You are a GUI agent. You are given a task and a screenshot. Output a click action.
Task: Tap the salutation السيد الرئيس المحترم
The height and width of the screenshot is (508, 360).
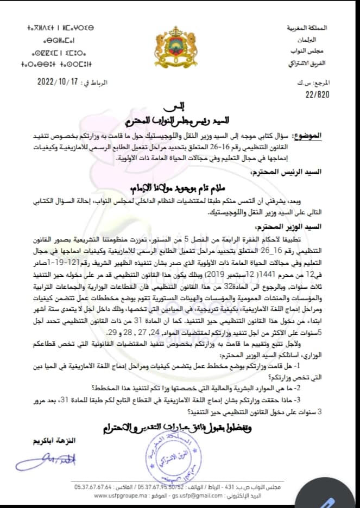coord(314,172)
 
